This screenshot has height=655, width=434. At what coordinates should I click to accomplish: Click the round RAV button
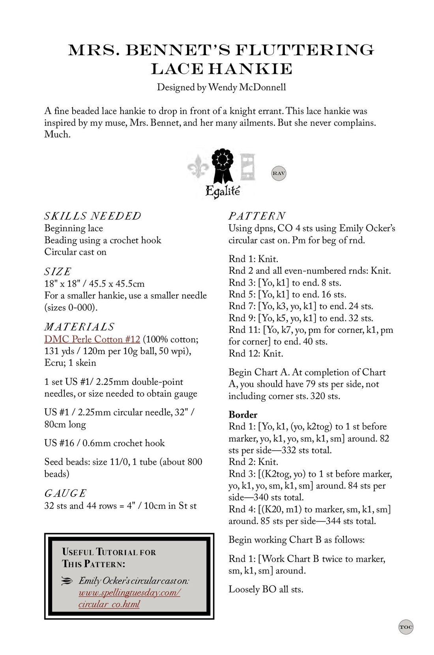279,173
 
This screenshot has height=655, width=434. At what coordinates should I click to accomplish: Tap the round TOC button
406,627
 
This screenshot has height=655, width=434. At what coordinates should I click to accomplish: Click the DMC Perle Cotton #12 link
92,339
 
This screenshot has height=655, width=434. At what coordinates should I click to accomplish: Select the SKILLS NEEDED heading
92,216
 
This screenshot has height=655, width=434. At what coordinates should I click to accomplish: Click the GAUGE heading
65,493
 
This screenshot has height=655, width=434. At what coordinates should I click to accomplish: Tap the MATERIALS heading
79,327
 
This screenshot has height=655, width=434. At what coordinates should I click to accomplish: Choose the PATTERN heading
257,216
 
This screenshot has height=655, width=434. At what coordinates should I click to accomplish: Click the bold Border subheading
243,414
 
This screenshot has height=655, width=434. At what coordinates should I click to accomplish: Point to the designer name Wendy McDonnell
247,87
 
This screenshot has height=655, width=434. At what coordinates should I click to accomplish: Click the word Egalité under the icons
223,192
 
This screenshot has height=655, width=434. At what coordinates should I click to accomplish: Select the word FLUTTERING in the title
304,50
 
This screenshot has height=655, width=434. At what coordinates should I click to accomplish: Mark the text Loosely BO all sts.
266,590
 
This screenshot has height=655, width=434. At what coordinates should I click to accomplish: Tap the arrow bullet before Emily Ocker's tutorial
68,580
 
